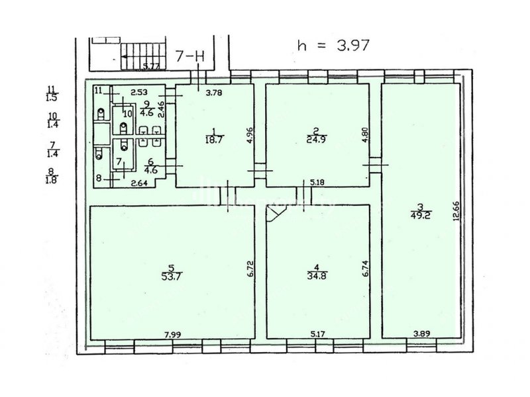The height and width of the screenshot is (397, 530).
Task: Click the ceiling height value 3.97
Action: click(353, 45)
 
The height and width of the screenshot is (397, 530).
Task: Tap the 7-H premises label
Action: click(190, 56)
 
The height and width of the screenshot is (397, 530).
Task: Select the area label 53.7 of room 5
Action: click(172, 276)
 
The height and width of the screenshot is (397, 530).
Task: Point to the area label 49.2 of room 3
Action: click(421, 216)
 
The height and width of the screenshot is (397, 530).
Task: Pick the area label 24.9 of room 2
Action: click(317, 140)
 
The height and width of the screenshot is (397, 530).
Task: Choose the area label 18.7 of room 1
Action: click(214, 140)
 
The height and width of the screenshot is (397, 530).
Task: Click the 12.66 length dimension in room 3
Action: click(457, 211)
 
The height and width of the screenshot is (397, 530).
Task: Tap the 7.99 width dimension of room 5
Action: click(173, 335)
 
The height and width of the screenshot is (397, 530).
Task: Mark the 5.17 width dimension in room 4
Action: click(318, 335)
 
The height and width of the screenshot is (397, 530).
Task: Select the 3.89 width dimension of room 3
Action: click(422, 334)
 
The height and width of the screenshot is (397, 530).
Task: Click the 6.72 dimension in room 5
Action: click(250, 269)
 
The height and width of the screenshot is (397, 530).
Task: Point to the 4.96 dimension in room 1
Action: click(250, 136)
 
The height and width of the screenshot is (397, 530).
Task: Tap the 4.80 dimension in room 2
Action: click(365, 135)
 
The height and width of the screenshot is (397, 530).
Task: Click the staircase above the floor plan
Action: click(144, 56)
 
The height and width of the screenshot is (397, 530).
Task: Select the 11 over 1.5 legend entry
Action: click(52, 94)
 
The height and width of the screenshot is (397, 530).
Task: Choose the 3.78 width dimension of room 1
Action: click(214, 92)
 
